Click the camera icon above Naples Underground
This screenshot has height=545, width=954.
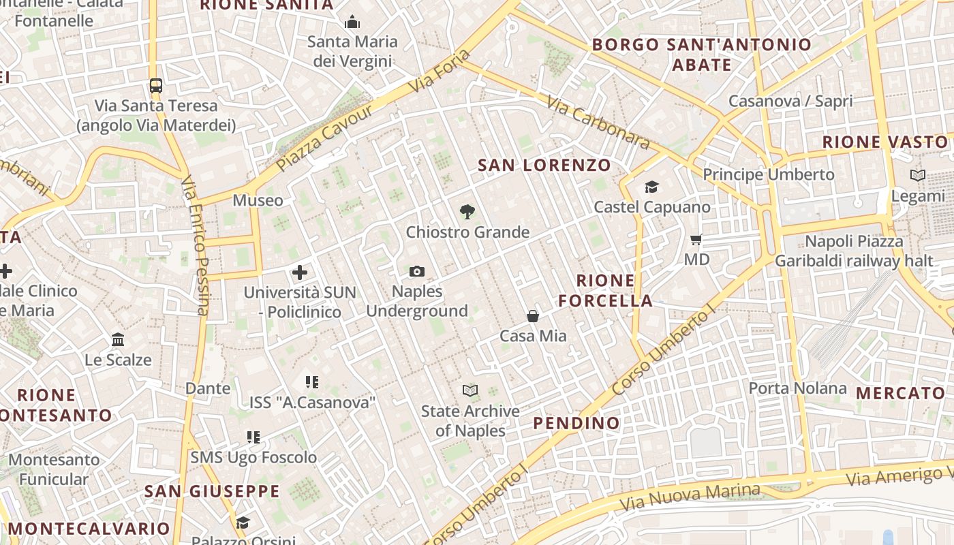(417, 272)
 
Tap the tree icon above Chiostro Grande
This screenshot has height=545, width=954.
(467, 212)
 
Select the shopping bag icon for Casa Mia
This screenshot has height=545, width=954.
(533, 316)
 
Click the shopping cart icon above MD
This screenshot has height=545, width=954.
(696, 239)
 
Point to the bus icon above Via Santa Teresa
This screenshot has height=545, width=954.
(156, 86)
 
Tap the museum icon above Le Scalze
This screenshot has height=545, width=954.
(118, 339)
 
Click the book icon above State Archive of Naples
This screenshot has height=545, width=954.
(470, 391)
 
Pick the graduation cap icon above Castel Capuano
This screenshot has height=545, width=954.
(652, 187)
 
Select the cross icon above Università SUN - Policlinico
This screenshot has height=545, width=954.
(300, 273)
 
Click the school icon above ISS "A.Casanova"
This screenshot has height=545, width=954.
(312, 382)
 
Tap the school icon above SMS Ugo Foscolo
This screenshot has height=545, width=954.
(253, 437)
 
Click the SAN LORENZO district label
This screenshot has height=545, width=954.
(544, 165)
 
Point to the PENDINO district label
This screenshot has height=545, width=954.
(576, 423)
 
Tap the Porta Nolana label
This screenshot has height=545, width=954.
(797, 388)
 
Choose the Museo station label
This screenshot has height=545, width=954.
(258, 200)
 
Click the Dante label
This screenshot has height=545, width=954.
(208, 388)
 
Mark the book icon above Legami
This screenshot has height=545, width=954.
(918, 176)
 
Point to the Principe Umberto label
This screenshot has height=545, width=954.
(769, 174)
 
